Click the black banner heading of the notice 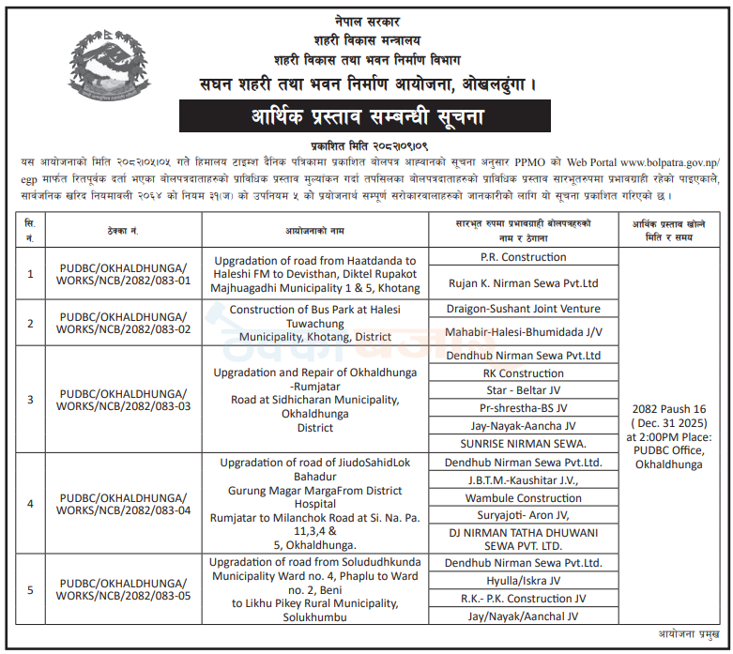(x=367, y=119)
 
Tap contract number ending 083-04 (x=125, y=503)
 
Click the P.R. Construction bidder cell (x=524, y=256)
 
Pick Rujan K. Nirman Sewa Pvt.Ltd (x=524, y=282)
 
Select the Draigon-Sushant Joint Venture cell (x=524, y=309)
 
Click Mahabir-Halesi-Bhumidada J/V (x=524, y=332)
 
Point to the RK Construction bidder (x=524, y=373)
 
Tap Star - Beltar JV (x=524, y=390)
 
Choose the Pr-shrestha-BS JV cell (x=524, y=408)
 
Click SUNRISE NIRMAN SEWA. (x=524, y=443)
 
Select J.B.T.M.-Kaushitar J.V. (x=524, y=480)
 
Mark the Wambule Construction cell (x=524, y=498)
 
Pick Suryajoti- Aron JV (x=524, y=515)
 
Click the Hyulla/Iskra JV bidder (x=524, y=581)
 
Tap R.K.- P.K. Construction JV (x=524, y=599)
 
